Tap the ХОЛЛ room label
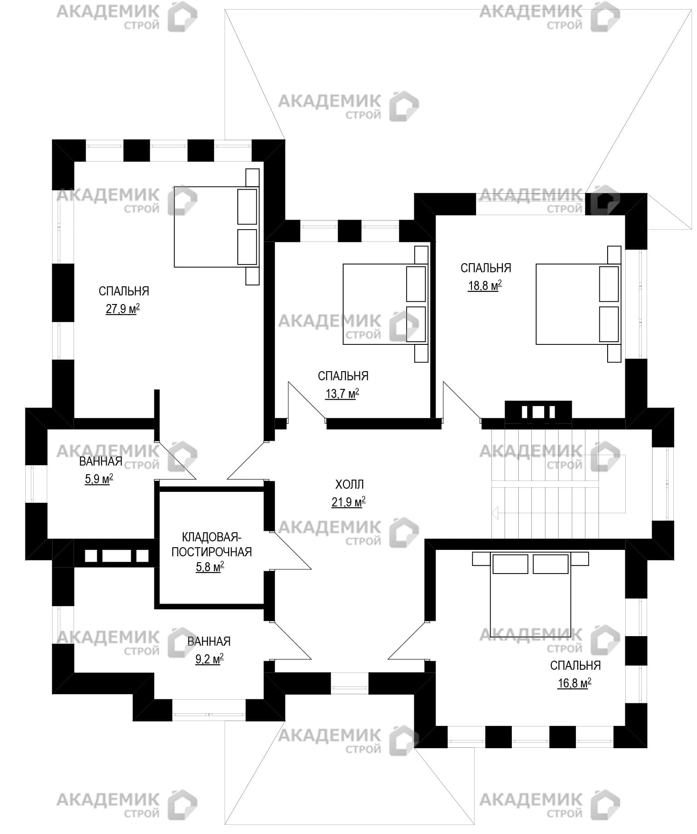coord(349,485)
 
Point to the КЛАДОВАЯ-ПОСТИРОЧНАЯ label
coord(211,545)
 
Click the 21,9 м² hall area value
coord(348,502)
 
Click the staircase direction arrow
coord(495,513)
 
